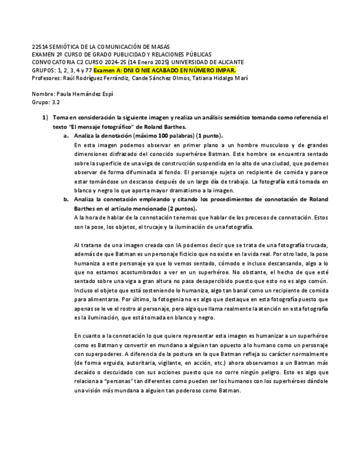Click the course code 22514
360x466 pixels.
(x=40, y=47)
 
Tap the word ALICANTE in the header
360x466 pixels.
(x=230, y=62)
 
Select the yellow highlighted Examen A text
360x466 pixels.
(x=164, y=70)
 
